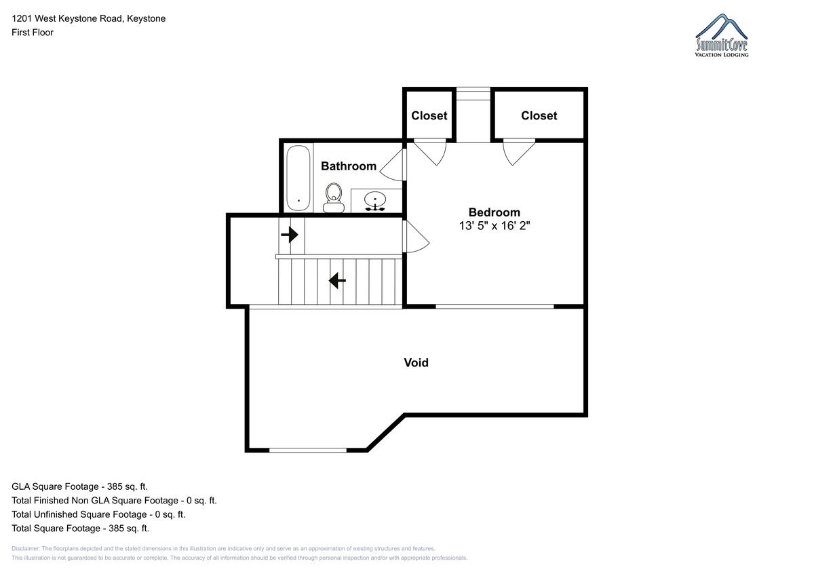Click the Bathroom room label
(349, 166)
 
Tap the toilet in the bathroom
(334, 197)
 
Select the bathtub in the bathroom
(298, 178)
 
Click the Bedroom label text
(495, 212)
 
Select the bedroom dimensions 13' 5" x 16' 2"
(495, 226)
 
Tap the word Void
(416, 363)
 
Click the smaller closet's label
(429, 115)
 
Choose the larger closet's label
(539, 115)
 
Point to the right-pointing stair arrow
(290, 234)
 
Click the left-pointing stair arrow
(337, 281)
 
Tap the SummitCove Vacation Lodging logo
(722, 35)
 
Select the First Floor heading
(33, 33)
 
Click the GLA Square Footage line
(79, 486)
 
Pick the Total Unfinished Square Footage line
(98, 514)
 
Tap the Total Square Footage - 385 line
(80, 528)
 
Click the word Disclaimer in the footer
(26, 548)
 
